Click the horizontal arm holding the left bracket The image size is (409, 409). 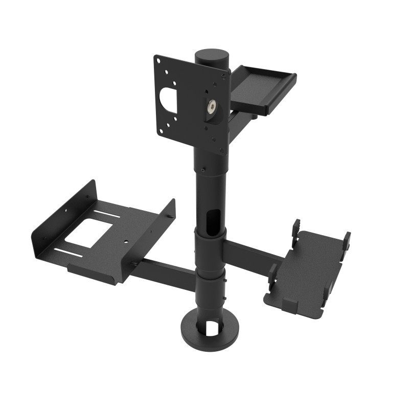point(164,270)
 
